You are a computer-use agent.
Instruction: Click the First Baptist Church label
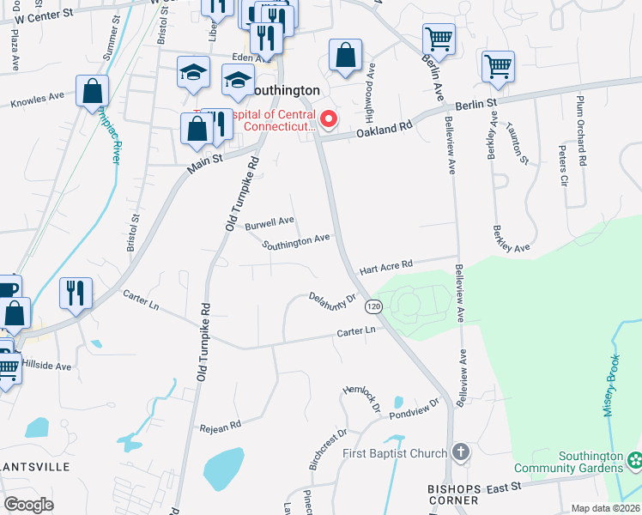point(394,453)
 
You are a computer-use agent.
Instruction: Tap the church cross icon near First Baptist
point(461,452)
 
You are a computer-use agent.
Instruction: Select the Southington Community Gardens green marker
point(633,462)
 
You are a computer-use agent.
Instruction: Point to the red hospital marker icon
point(328,118)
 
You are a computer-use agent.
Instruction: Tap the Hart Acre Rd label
point(385,264)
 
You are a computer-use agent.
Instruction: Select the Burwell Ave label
point(270,227)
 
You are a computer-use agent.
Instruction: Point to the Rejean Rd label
point(221,423)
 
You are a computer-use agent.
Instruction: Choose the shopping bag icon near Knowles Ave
point(92,91)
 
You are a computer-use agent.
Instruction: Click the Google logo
point(29,505)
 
